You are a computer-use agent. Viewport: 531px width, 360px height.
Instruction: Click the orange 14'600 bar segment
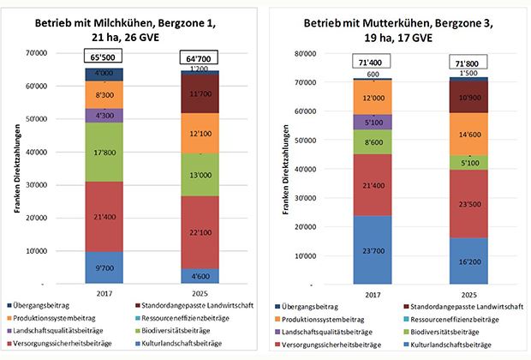[468, 135]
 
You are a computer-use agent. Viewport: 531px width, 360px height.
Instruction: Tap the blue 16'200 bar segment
[468, 261]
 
